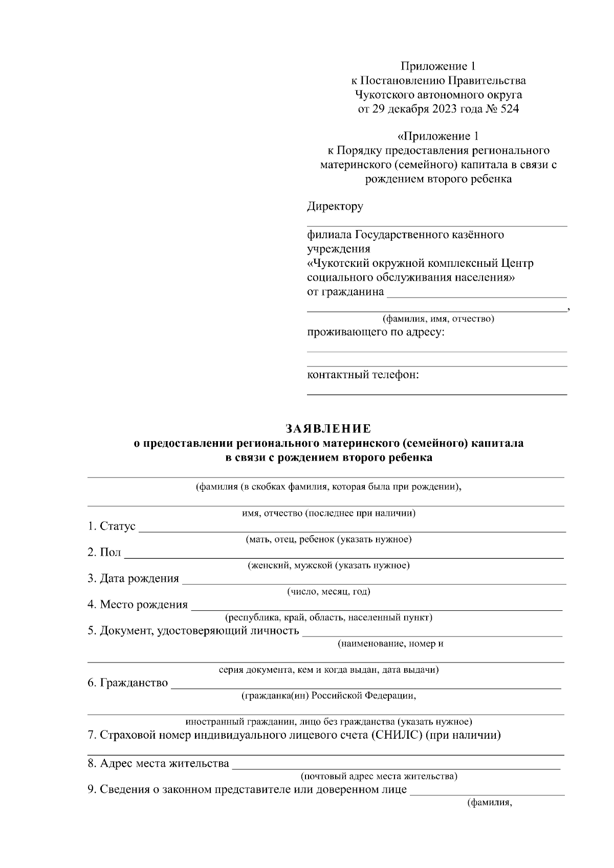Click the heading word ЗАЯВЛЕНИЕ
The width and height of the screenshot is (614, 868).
[328, 428]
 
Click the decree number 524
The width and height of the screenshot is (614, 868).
[508, 109]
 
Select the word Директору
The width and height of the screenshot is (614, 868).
[335, 207]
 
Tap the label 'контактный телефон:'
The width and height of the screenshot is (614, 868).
[363, 375]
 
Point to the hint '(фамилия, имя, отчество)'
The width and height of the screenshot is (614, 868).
[438, 319]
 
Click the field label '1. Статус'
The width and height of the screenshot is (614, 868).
[112, 526]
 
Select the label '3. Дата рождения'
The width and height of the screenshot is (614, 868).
[134, 578]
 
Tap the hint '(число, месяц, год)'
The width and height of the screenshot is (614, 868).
[328, 592]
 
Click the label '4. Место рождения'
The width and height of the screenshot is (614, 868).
[138, 605]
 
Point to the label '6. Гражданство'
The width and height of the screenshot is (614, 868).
[127, 683]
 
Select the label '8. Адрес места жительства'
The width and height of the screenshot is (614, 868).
[158, 764]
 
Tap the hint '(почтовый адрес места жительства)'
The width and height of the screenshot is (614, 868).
[379, 776]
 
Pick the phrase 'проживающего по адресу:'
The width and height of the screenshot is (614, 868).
[376, 332]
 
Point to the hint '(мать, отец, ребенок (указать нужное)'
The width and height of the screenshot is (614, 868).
[328, 539]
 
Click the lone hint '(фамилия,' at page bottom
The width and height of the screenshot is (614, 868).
[490, 803]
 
